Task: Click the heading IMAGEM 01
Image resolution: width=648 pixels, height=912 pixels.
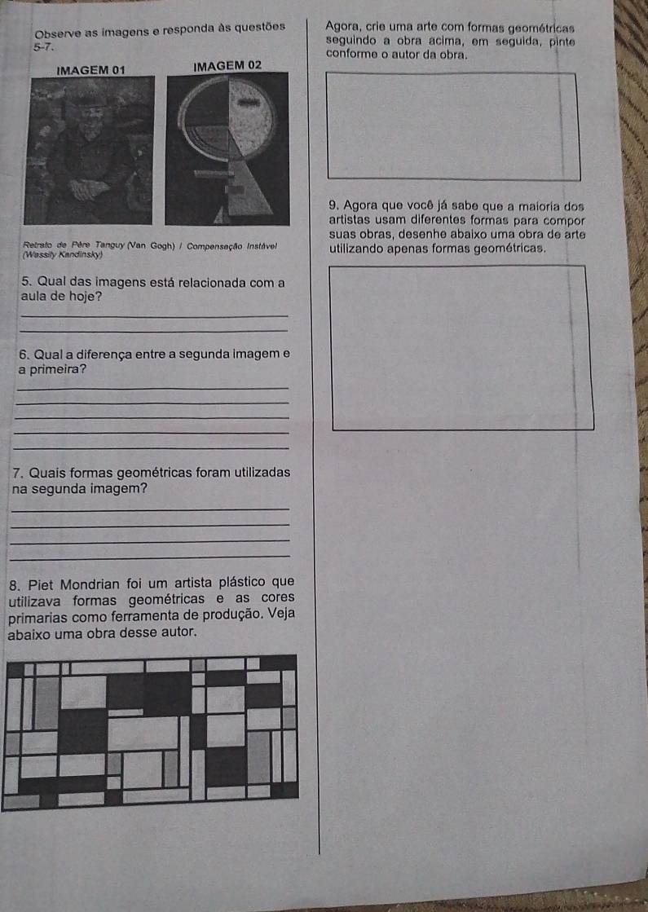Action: point(90,70)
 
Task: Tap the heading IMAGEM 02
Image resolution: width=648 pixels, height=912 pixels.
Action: point(227,65)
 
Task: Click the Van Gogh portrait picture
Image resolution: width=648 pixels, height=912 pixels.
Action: point(89,150)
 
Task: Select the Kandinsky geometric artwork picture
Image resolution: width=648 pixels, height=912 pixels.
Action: point(227,148)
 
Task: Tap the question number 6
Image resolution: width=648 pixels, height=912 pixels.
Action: point(24,355)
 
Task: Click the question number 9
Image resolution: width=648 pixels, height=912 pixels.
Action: point(333,205)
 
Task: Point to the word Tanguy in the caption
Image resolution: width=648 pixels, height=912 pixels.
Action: point(110,245)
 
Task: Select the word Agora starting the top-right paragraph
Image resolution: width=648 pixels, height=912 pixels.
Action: point(342,25)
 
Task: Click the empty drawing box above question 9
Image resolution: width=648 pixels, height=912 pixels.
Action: point(454,126)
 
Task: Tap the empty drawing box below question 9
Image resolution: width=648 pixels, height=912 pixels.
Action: point(462,348)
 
